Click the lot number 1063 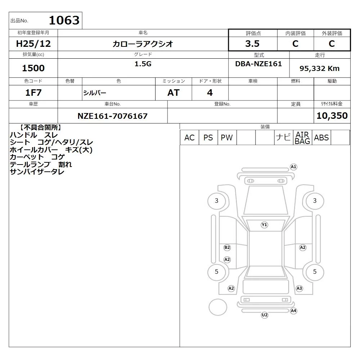pos(64,20)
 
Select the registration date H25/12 pos(33,44)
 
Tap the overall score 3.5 pos(252,44)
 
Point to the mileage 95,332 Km pos(319,68)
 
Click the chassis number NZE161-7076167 pos(112,116)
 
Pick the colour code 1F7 pos(33,93)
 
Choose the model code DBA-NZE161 pos(258,64)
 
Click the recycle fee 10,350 pos(332,116)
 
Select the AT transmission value pos(174,93)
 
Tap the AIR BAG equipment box pos(302,138)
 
